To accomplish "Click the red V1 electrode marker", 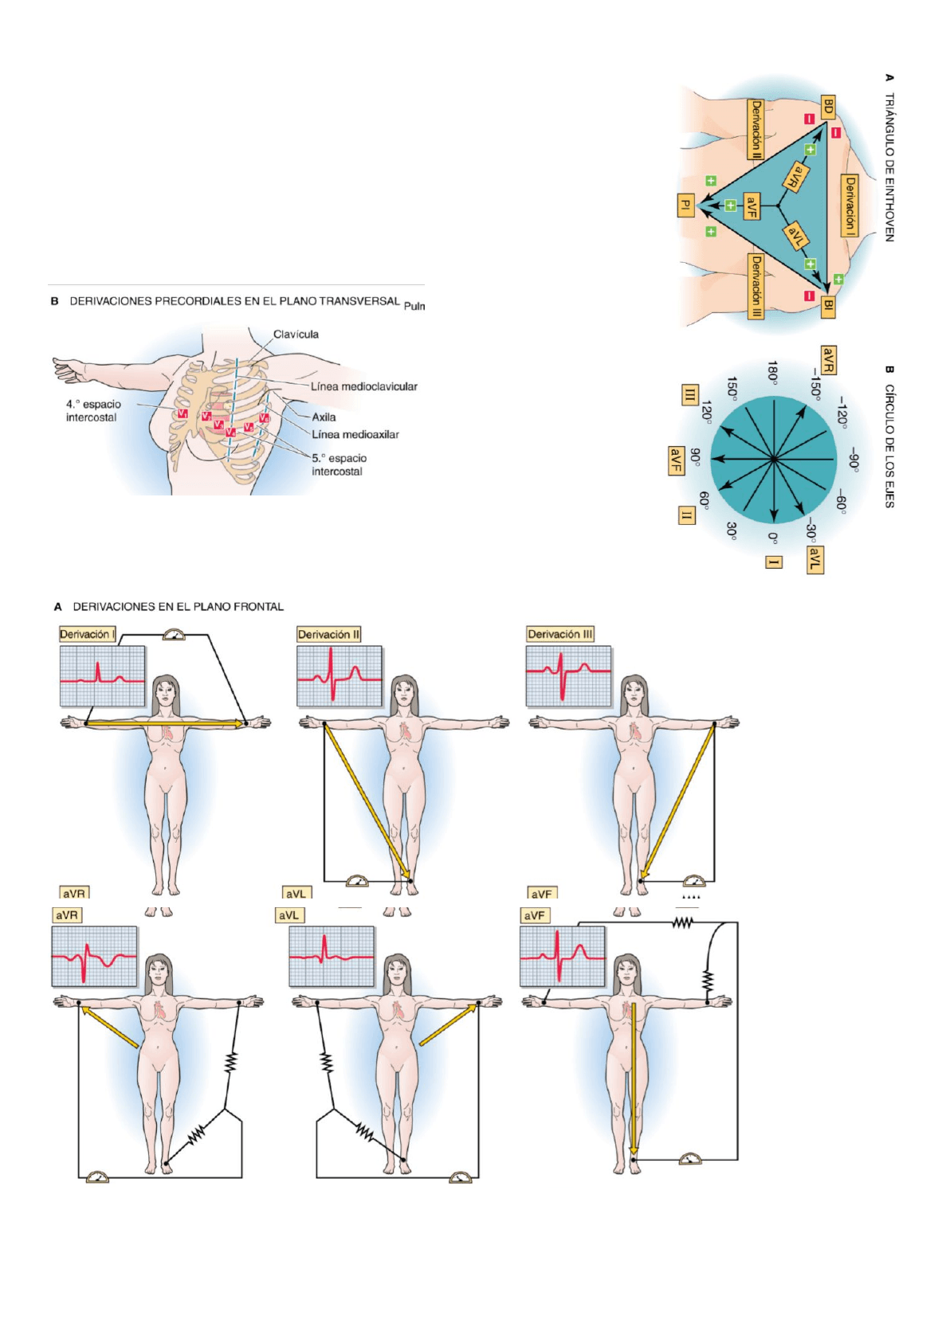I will (x=183, y=413).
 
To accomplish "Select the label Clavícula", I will (x=296, y=335).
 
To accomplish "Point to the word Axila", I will (x=324, y=417).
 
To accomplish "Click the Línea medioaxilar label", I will (x=355, y=434).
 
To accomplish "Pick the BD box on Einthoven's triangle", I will (x=828, y=107).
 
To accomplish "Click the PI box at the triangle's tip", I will (x=685, y=205).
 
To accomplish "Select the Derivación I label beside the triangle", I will (x=850, y=206).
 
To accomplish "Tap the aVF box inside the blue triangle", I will (x=752, y=206).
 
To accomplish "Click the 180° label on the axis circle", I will (x=772, y=370).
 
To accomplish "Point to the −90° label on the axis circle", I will (x=853, y=460).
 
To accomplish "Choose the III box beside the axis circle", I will (x=689, y=394).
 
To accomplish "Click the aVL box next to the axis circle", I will (x=814, y=559).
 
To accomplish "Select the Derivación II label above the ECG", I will (x=328, y=635).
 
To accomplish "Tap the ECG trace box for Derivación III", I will (x=568, y=676).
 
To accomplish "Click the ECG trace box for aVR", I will (x=94, y=956).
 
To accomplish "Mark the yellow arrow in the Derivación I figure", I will (x=164, y=723).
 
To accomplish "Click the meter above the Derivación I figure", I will (x=173, y=635).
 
